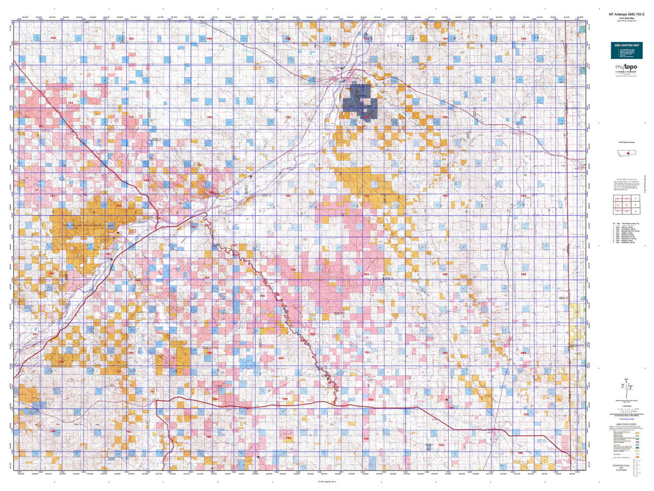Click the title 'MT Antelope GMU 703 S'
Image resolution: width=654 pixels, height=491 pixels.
(x=626, y=14)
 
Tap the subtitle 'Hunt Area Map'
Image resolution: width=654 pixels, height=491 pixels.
(x=626, y=18)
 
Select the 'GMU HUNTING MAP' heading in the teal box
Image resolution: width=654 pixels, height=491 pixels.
(x=627, y=45)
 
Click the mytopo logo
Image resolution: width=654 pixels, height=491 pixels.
(x=626, y=67)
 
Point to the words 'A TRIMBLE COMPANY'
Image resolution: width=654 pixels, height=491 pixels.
(x=626, y=72)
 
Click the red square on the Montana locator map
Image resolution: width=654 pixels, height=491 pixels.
(x=627, y=154)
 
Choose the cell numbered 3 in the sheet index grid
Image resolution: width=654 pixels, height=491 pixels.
(x=636, y=199)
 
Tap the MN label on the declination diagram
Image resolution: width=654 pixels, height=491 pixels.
(x=631, y=385)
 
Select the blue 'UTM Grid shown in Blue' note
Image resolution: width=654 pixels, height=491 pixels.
(x=626, y=419)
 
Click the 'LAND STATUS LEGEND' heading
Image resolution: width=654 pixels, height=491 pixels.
(x=626, y=424)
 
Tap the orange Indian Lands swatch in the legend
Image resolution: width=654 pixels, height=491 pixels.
(x=637, y=457)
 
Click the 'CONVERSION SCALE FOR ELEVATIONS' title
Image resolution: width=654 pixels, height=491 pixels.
(x=626, y=467)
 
